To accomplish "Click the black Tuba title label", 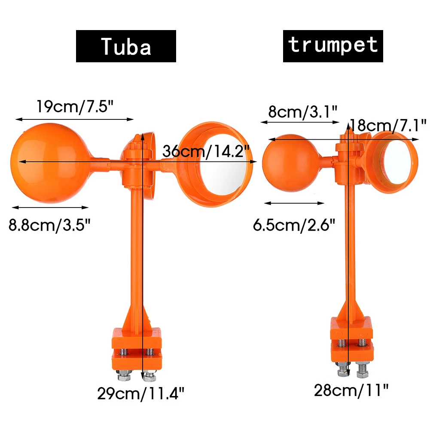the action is click(126, 46).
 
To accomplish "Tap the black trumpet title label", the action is click(333, 46).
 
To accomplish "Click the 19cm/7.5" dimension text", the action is click(75, 107).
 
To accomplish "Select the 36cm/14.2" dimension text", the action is click(206, 151).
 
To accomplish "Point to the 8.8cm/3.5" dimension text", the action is click(49, 225).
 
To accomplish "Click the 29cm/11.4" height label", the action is click(140, 393).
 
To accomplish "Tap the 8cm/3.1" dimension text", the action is click(302, 112).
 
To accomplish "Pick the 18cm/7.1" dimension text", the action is click(388, 125).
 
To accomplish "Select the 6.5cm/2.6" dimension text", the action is click(294, 225).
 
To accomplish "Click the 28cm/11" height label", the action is click(351, 390).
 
